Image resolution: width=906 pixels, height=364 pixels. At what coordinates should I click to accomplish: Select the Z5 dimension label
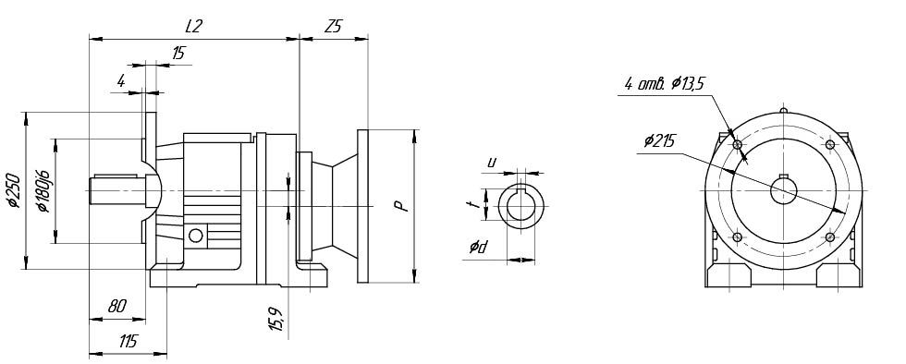coord(333,26)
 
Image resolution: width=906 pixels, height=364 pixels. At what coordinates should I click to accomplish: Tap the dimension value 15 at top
coord(178,54)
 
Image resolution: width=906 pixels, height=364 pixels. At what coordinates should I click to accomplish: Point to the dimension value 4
coord(121,81)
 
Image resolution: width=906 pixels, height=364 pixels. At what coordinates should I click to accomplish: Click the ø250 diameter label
coord(14,190)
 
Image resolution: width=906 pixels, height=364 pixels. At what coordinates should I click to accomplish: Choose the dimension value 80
coord(116,306)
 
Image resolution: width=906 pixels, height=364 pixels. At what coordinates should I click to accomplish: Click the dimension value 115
coord(128,342)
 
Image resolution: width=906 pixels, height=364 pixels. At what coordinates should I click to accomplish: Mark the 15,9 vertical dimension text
coord(276,319)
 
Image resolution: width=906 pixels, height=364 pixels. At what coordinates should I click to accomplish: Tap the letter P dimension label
coord(401,206)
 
